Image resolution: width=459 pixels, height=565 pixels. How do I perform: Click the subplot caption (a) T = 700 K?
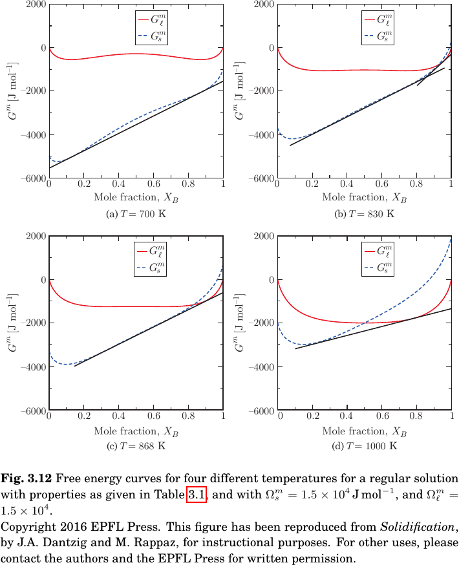point(136,214)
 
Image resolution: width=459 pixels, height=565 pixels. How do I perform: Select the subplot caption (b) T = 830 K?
point(364,214)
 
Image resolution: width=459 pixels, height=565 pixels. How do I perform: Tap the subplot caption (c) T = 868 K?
point(136,446)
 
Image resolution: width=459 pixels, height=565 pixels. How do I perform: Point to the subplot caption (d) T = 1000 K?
point(364,446)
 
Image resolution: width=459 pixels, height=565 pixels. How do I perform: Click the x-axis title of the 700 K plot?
point(136,198)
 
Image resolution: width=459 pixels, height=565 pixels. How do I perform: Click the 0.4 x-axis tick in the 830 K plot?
point(347,185)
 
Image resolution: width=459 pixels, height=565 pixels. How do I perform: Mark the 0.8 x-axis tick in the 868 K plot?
point(188,417)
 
